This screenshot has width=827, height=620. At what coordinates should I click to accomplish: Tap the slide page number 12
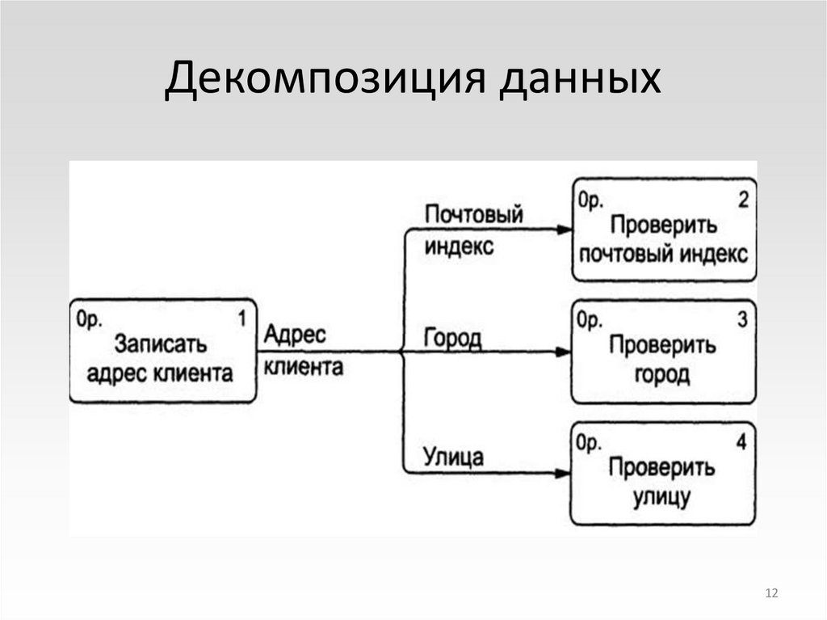[x=770, y=594]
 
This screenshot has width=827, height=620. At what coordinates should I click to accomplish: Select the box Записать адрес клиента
[x=163, y=352]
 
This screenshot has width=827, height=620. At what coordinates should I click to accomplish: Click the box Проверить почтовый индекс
[x=664, y=230]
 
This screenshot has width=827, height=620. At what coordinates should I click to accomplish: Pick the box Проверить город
[x=664, y=352]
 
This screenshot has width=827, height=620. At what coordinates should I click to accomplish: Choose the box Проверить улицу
[x=664, y=474]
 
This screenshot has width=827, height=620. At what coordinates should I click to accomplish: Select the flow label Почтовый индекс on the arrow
[x=472, y=230]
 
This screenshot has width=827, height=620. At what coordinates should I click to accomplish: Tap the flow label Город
[x=452, y=338]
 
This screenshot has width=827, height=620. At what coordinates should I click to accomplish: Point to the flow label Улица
[x=453, y=458]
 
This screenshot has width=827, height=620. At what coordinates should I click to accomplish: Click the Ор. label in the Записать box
[x=89, y=319]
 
